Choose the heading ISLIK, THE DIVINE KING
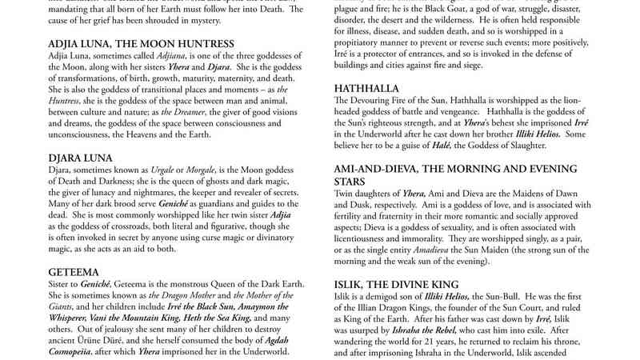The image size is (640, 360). [x=408, y=285]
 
